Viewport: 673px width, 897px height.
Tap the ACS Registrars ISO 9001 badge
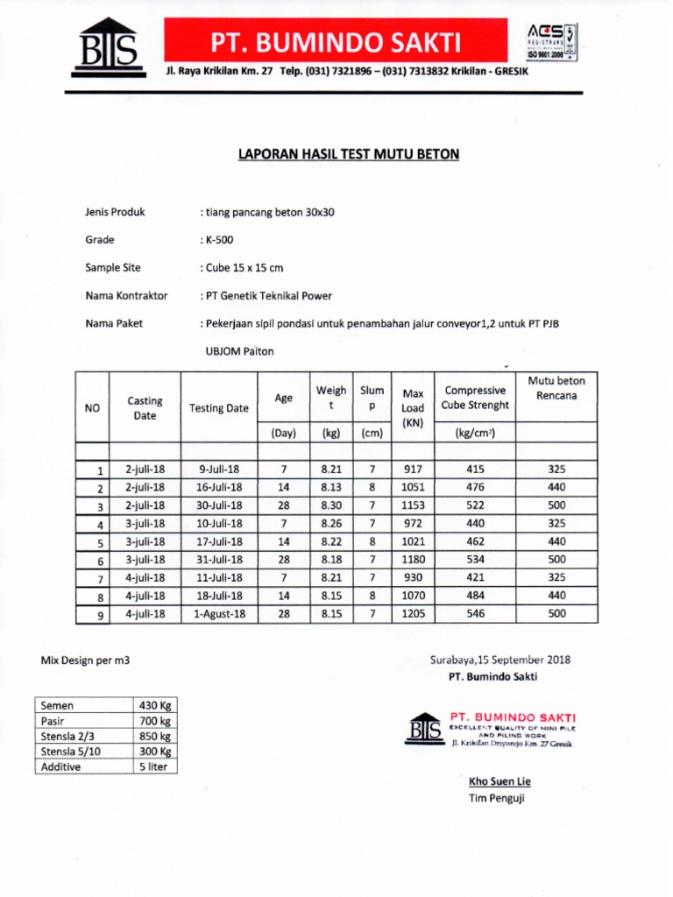tap(551, 40)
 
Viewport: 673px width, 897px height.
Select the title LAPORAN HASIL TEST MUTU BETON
tap(349, 154)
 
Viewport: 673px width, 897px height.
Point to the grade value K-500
tap(218, 240)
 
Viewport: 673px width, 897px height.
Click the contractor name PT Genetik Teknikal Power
tap(267, 296)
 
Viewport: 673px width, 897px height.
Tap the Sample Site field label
tap(112, 268)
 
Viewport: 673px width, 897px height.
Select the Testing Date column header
tap(219, 408)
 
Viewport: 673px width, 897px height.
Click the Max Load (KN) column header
tap(412, 408)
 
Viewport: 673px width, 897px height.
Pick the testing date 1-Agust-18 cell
tap(219, 614)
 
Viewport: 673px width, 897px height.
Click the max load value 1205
tap(412, 614)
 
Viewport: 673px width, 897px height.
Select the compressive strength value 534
tap(476, 560)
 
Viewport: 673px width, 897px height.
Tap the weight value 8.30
tap(331, 505)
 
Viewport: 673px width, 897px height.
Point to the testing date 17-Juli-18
tap(219, 541)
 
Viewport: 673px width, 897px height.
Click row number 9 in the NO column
tap(101, 616)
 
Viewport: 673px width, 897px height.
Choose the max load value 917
tap(412, 470)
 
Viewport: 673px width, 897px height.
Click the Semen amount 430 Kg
tap(154, 706)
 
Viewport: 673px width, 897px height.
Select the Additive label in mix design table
tap(60, 766)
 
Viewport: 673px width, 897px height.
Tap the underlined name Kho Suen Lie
tap(499, 781)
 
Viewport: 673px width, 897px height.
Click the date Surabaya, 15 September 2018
tap(499, 660)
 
